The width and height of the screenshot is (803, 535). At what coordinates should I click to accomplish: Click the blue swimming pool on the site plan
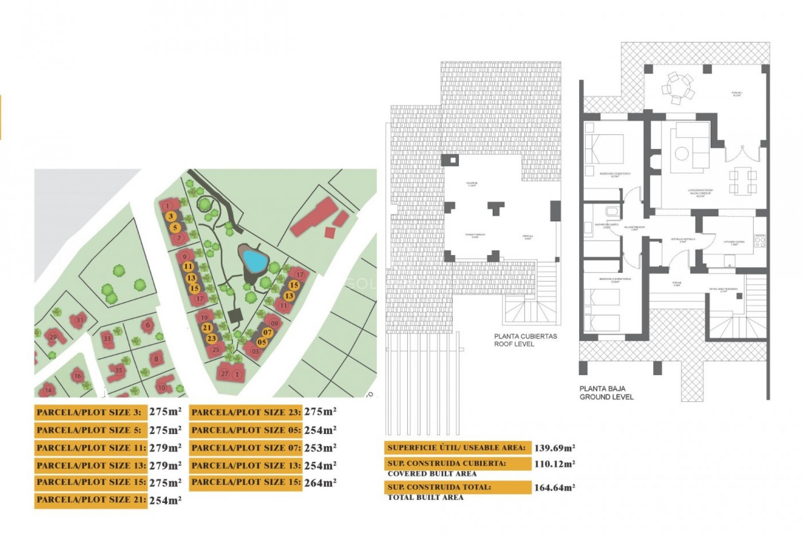[x=255, y=261]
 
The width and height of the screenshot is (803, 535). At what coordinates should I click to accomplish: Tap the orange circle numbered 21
[x=207, y=328]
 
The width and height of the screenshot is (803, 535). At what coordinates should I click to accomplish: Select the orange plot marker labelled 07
[x=268, y=333]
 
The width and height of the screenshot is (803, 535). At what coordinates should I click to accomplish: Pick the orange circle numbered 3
[x=171, y=217]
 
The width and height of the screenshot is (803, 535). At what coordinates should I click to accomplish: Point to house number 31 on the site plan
[x=79, y=320]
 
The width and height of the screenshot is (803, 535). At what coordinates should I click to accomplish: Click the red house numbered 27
[x=225, y=374]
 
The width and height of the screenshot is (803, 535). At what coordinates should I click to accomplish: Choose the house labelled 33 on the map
[x=107, y=339]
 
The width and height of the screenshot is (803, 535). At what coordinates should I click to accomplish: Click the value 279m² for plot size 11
[x=165, y=448]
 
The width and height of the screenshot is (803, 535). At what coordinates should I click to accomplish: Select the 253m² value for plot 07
[x=320, y=448]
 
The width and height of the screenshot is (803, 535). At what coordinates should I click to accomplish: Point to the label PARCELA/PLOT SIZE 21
[x=91, y=500]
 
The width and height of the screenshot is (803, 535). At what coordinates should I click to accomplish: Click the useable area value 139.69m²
[x=555, y=448]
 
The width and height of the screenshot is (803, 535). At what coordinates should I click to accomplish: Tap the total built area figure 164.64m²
[x=555, y=487]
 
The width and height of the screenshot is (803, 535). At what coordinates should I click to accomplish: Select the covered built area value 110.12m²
[x=555, y=464]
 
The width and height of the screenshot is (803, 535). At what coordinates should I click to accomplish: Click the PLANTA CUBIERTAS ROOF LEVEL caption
[x=525, y=340]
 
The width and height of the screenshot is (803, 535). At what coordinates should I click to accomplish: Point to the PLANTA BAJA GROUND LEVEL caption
[x=606, y=392]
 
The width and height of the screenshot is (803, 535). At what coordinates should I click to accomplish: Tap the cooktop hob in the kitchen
[x=760, y=241]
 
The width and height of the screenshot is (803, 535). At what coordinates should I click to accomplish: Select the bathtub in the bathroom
[x=614, y=211]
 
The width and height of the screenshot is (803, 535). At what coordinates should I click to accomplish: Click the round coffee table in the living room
[x=682, y=153]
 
